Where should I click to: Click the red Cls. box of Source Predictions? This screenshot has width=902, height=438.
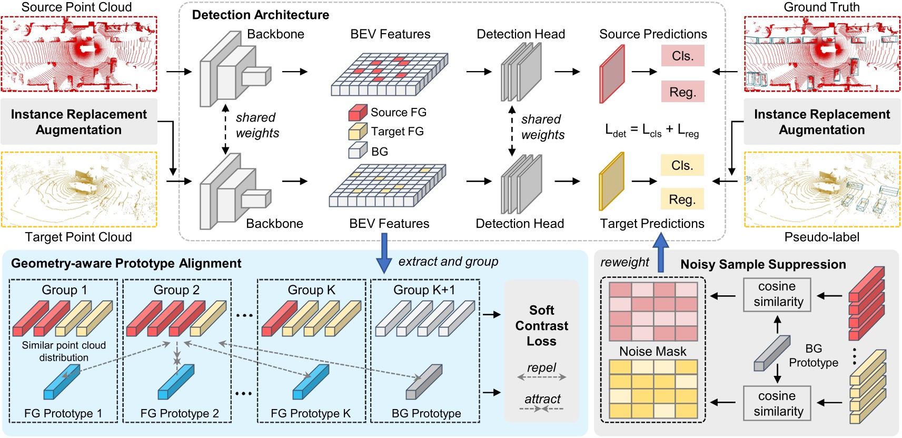point(682,56)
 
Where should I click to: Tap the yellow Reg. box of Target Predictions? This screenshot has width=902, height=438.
point(682,200)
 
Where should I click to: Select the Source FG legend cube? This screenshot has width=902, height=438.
point(358,113)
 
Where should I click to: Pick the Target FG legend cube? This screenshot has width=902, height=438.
point(358,132)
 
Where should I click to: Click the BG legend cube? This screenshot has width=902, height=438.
point(358,151)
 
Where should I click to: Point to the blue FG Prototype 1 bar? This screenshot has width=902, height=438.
point(62,383)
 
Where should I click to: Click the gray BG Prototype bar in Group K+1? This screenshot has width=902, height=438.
point(424,382)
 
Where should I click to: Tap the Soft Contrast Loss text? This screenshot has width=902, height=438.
point(541,325)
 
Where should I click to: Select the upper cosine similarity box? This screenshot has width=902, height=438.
point(777,294)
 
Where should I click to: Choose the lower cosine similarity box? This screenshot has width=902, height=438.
point(777,403)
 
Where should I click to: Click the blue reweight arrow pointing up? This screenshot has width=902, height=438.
point(660,253)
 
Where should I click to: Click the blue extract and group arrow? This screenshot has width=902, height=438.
point(384,254)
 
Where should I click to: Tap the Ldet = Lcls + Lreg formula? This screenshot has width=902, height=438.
point(652,130)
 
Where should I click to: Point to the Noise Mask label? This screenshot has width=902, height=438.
point(652,351)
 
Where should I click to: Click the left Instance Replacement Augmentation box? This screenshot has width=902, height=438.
point(79,122)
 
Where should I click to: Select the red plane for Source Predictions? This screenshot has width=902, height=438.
point(612,74)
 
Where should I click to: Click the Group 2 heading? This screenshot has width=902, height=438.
point(176,290)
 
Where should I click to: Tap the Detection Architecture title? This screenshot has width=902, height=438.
point(260,15)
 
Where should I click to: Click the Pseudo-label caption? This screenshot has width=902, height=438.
point(821,237)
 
